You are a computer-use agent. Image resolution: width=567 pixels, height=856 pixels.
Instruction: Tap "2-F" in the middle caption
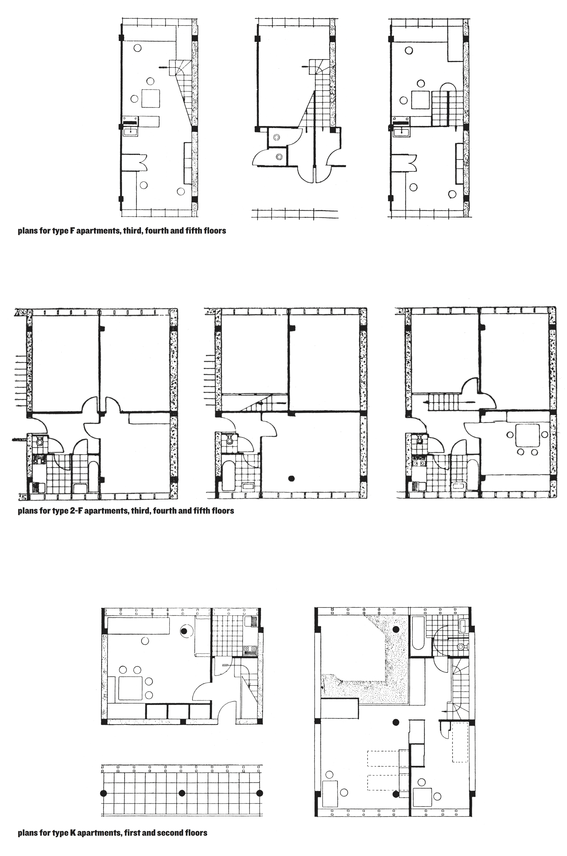(76, 511)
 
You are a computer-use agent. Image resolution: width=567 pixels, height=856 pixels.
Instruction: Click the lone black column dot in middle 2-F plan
(291, 478)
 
